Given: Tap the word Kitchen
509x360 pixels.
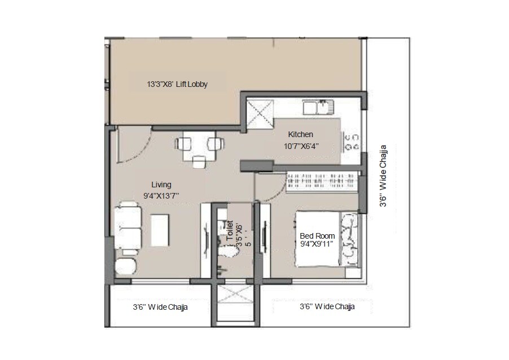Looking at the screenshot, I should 300,134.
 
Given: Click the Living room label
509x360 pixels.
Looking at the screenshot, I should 161,185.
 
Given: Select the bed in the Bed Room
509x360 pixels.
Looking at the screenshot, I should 319,240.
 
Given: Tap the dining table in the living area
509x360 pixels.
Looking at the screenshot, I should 198,148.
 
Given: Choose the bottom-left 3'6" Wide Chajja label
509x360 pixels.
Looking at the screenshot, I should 160,308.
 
